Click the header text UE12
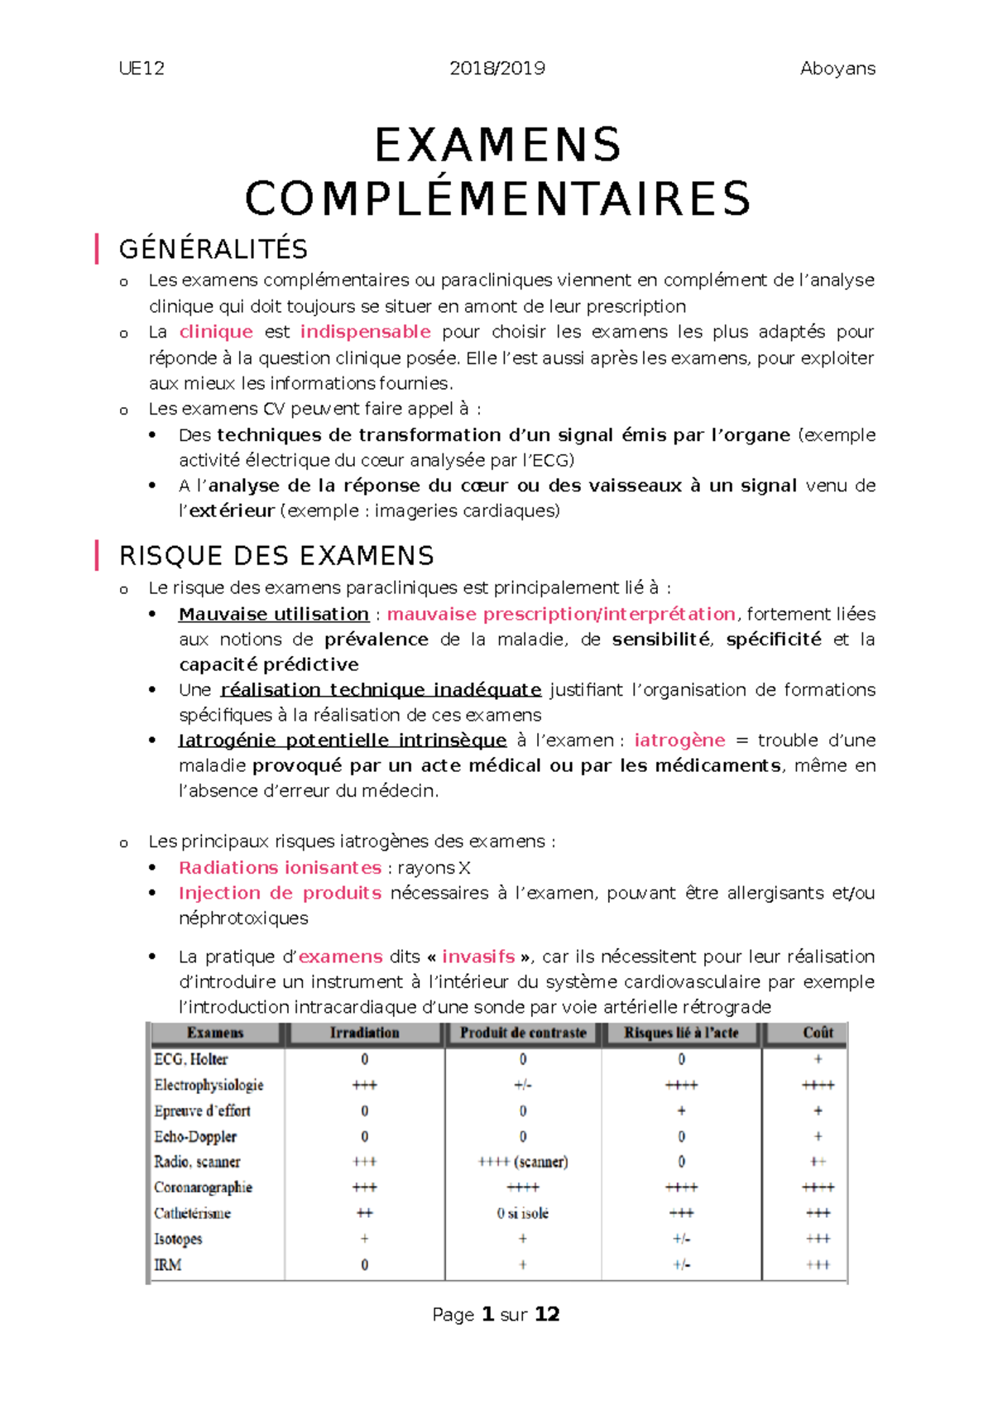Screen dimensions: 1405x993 142,69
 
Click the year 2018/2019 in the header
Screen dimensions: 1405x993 496,69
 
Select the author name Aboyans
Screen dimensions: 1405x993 837,69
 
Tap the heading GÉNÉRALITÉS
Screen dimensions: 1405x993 213,249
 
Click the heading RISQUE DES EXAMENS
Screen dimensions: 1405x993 276,556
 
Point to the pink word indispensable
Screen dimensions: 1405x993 365,332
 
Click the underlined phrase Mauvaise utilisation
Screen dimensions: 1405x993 274,614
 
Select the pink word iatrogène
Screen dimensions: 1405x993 679,741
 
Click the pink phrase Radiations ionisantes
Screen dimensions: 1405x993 280,868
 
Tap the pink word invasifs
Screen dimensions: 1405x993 478,957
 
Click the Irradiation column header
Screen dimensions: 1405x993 364,1033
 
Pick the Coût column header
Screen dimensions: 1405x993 818,1033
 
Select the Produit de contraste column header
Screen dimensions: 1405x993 523,1033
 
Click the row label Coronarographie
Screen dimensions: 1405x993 203,1187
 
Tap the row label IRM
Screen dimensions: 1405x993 168,1264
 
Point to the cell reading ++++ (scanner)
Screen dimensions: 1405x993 523,1162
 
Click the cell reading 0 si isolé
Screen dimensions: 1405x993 523,1213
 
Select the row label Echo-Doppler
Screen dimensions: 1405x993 195,1136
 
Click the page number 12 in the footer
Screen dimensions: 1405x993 547,1315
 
